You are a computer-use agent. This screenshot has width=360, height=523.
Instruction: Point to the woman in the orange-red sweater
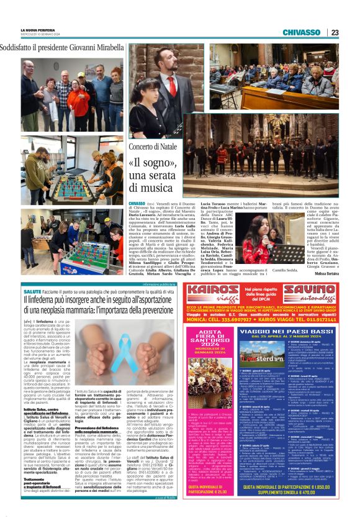tap(79, 99)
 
